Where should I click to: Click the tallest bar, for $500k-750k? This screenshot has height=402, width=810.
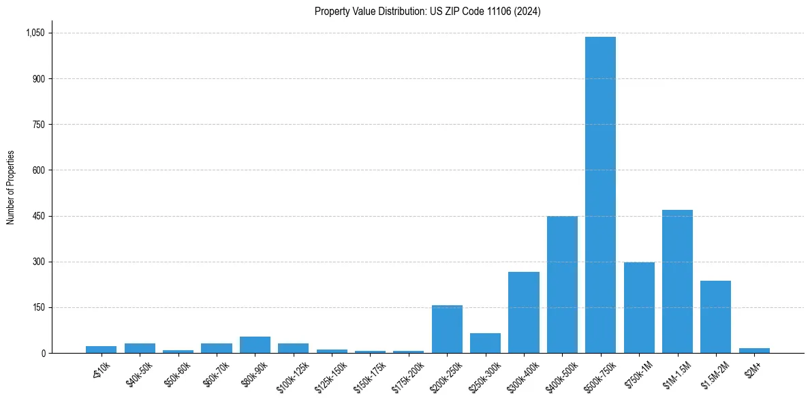coord(600,195)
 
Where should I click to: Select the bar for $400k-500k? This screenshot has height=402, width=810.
coord(562,285)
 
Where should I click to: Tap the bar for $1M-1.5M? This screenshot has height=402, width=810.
coord(677,281)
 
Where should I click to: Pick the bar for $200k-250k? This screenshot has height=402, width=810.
coord(447,329)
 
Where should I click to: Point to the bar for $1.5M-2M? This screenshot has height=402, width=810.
coord(715,317)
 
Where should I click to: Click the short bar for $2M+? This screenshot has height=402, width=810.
coord(754,350)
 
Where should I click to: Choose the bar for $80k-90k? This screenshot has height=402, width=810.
coord(255,345)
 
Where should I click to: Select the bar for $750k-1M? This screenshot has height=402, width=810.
coord(639,307)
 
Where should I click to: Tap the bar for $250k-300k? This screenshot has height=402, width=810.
coord(485,343)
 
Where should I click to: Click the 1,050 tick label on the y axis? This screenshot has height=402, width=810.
coord(35,33)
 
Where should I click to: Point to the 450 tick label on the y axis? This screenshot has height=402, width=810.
coord(39,216)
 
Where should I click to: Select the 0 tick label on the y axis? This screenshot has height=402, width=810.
coord(43,353)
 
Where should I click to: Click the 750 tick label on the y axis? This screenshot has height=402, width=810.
coord(39,125)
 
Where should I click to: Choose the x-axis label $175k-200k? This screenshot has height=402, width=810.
coord(408,374)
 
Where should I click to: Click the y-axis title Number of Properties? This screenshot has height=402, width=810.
coord(10,187)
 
